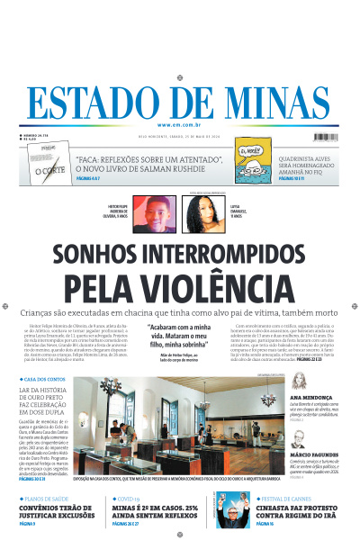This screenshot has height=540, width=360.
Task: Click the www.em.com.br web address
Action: pos(180,124)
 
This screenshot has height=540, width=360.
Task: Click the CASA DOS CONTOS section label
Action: pos(44,380)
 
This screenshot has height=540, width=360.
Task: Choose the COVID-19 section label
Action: pos(129,497)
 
